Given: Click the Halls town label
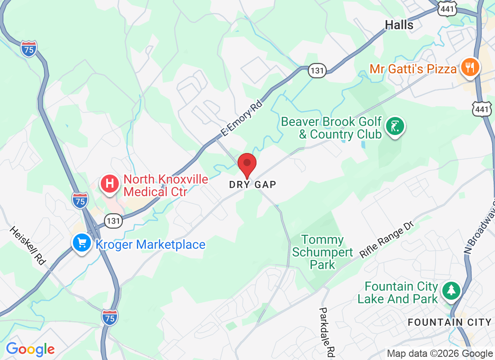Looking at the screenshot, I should tap(399, 25).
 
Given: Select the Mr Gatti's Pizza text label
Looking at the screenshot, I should tap(413, 69).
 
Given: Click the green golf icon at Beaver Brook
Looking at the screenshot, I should tap(395, 127).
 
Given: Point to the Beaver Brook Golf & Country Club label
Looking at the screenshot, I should tap(331, 128).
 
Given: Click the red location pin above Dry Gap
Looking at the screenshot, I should tap(247, 165).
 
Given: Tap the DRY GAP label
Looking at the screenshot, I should tap(252, 184).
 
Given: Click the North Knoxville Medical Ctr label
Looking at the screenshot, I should tap(166, 186).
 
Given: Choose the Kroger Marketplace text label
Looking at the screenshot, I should tap(150, 245).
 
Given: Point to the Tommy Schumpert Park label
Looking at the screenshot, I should tap(323, 252).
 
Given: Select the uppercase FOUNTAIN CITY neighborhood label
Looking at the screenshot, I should tap(449, 322).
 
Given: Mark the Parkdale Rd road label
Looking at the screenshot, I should tap(327, 333).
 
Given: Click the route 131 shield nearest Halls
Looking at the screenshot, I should tap(317, 70).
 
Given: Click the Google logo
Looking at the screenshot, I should tap(30, 349).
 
